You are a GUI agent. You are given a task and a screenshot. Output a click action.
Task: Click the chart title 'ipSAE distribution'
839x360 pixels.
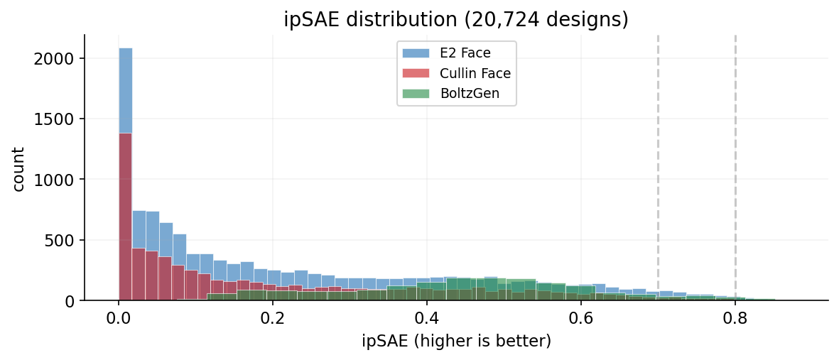pos(456,19)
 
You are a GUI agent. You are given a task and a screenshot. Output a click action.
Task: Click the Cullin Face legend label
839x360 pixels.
pos(475,73)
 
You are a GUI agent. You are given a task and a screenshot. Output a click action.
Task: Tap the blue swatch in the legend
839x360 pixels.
pos(416,53)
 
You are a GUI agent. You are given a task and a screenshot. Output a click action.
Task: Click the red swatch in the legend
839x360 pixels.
pos(416,73)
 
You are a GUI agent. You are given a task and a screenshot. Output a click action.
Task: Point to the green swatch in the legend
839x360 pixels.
pos(416,94)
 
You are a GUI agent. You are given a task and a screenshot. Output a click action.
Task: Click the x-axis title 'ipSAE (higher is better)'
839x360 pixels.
pos(456,342)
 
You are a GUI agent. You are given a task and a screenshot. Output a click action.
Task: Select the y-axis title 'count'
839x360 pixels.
pos(19,168)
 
